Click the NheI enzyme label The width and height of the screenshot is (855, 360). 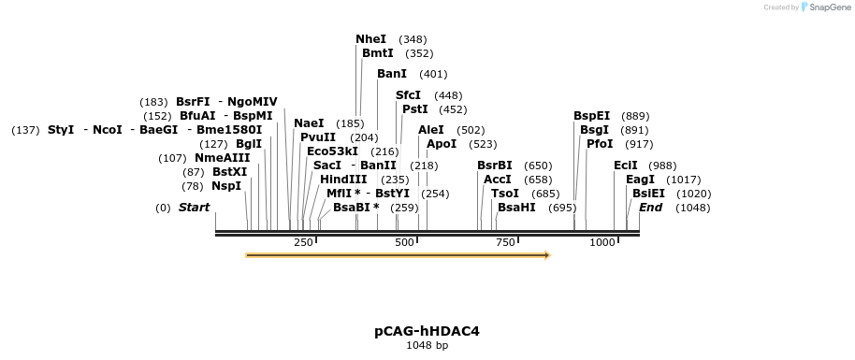(x=370, y=39)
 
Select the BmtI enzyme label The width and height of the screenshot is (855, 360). (x=377, y=53)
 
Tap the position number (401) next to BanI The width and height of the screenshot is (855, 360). (x=433, y=74)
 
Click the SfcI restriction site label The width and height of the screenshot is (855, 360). (x=408, y=95)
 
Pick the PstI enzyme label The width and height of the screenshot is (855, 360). (x=414, y=109)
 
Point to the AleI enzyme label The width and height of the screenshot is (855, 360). (x=431, y=130)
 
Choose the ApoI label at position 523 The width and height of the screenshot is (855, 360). (x=442, y=144)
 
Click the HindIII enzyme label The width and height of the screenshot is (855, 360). (x=343, y=179)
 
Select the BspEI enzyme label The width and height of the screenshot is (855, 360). (x=591, y=116)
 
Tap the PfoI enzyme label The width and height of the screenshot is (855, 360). (x=600, y=144)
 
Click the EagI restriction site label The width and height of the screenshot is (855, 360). (x=640, y=179)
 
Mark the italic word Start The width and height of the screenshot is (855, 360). (x=194, y=207)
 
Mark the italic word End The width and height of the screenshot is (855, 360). (x=651, y=207)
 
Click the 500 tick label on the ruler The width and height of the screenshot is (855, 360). (x=404, y=242)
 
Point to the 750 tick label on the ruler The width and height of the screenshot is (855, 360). (x=505, y=242)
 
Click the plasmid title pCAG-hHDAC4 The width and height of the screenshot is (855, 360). (x=427, y=331)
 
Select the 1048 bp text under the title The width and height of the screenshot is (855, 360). (x=427, y=345)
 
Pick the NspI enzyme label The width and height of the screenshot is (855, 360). (x=225, y=185)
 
